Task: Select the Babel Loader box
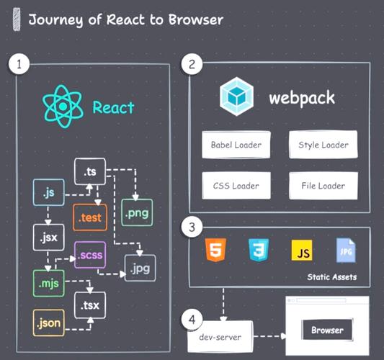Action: click(236, 145)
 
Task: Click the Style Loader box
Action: click(323, 145)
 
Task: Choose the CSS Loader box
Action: click(236, 186)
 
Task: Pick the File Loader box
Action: click(323, 186)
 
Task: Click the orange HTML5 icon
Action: click(214, 251)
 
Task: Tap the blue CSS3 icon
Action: click(257, 251)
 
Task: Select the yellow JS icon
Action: click(301, 251)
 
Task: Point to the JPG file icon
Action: click(345, 251)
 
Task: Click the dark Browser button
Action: click(327, 331)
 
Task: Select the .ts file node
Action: click(90, 172)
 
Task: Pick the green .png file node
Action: click(137, 213)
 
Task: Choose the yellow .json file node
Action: click(48, 323)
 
